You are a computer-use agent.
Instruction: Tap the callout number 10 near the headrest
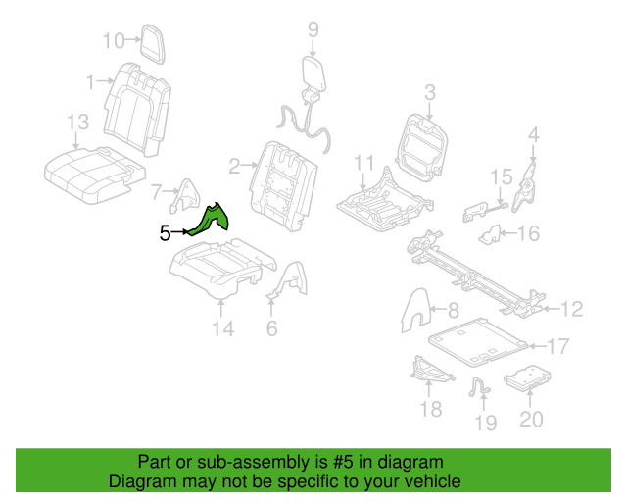[115, 40]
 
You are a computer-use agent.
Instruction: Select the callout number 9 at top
[313, 29]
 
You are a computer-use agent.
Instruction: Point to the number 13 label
[77, 122]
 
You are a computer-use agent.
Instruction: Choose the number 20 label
[530, 419]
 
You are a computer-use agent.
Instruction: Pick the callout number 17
[557, 346]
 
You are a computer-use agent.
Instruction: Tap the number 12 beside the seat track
[570, 310]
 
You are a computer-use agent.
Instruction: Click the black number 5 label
[165, 232]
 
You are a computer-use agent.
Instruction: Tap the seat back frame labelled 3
[423, 149]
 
